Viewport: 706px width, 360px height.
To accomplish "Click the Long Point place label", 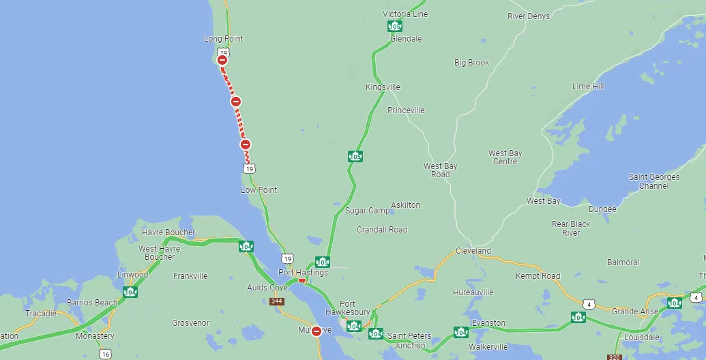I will [223, 39].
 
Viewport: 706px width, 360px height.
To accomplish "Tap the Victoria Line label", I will [405, 14].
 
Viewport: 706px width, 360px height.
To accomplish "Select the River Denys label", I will [528, 16].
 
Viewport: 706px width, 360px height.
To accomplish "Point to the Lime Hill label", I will [588, 87].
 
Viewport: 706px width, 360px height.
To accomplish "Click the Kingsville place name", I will [383, 87].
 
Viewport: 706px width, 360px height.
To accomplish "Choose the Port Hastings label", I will [303, 273].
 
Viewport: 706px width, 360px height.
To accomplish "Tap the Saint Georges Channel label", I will [654, 181].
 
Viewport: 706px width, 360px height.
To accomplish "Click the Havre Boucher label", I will [168, 232].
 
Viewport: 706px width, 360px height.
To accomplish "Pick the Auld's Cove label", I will [267, 288].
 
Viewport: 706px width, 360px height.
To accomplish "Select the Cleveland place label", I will [473, 251].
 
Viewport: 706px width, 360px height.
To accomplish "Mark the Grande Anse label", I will [634, 312].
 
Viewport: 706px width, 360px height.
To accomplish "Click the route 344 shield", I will [276, 301].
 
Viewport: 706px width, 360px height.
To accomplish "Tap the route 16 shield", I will [104, 354].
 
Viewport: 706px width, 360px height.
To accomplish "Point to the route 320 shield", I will [613, 357].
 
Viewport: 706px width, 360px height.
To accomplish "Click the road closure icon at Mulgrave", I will [317, 331].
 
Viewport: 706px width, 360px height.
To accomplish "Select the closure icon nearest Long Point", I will [222, 60].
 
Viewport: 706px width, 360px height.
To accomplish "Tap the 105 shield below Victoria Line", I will [394, 27].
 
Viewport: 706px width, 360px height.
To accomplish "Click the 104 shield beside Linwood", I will [130, 292].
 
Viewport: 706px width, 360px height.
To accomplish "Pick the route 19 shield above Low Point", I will [250, 168].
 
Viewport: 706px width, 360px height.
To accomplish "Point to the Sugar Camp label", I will [367, 211].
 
